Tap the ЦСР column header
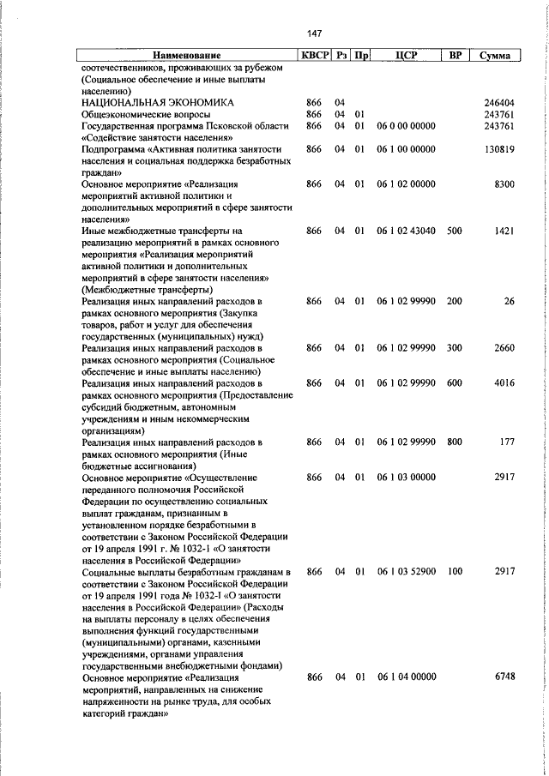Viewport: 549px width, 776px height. click(406, 56)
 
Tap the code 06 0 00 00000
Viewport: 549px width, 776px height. click(406, 126)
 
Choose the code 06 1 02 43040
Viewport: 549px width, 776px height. click(406, 231)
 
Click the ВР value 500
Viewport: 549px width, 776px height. click(455, 231)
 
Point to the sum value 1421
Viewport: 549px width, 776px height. click(504, 231)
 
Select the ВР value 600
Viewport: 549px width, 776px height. click(455, 383)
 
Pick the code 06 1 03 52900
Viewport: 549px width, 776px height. click(406, 570)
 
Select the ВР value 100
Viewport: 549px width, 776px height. click(455, 570)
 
